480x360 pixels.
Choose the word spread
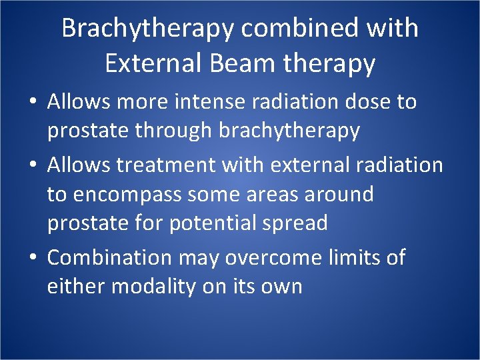[294, 223]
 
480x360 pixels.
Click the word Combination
[109, 257]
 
